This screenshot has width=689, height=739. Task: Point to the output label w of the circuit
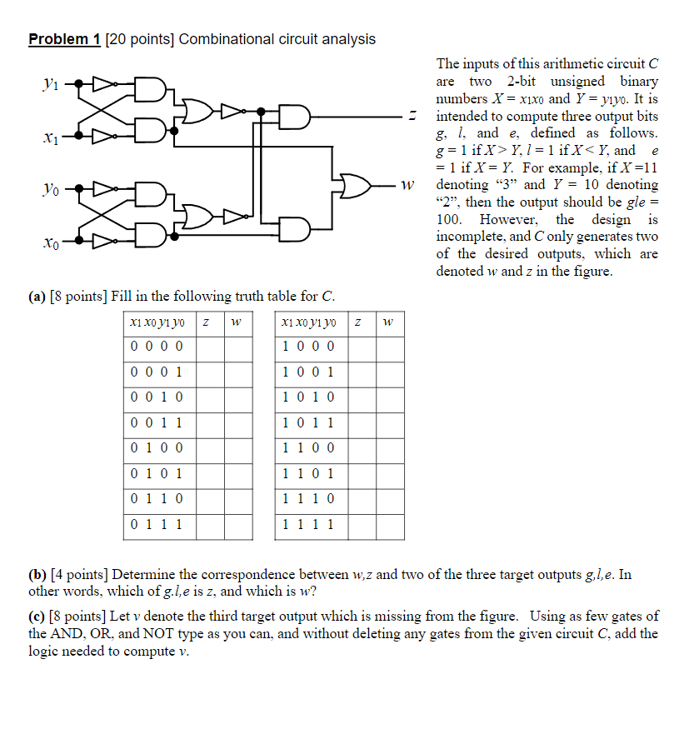(406, 186)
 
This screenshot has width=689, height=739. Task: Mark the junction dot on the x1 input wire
(78, 134)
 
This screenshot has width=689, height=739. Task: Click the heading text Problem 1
(64, 39)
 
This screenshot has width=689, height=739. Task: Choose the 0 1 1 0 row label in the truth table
(157, 500)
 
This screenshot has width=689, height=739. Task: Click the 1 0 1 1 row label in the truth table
(308, 423)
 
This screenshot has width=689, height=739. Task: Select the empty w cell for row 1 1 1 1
(389, 526)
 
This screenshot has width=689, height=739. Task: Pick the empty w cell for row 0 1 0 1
(237, 475)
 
